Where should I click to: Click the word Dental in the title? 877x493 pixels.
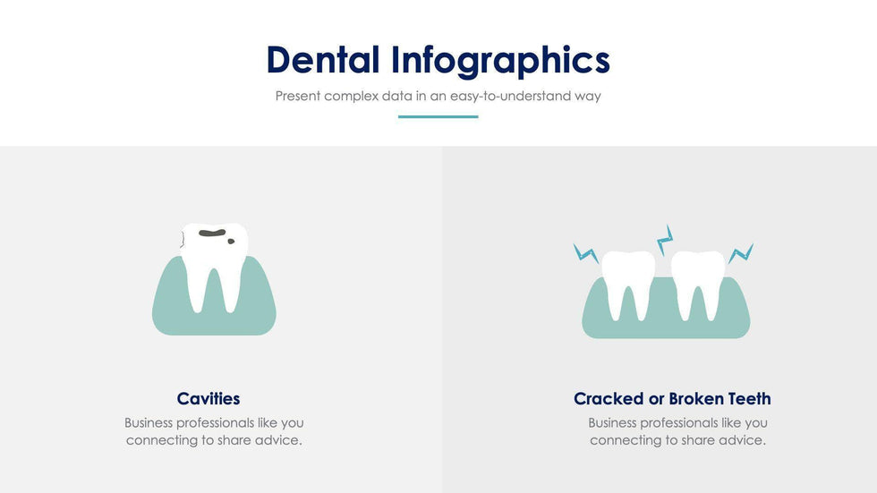(323, 59)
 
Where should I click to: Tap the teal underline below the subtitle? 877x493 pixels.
(438, 117)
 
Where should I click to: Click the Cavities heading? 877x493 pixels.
(209, 398)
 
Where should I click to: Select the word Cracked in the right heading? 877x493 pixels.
(609, 398)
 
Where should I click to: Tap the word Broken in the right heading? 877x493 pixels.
(694, 398)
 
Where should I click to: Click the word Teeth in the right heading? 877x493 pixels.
(746, 398)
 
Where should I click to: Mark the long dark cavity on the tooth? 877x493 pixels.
(213, 233)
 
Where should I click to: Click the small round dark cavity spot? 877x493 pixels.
(231, 242)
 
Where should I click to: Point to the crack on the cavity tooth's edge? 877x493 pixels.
(183, 239)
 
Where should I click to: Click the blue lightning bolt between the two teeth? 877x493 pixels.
(664, 239)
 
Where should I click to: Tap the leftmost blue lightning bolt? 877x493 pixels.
(586, 253)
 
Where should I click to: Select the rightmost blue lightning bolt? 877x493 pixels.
(741, 253)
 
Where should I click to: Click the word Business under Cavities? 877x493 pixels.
(149, 422)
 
